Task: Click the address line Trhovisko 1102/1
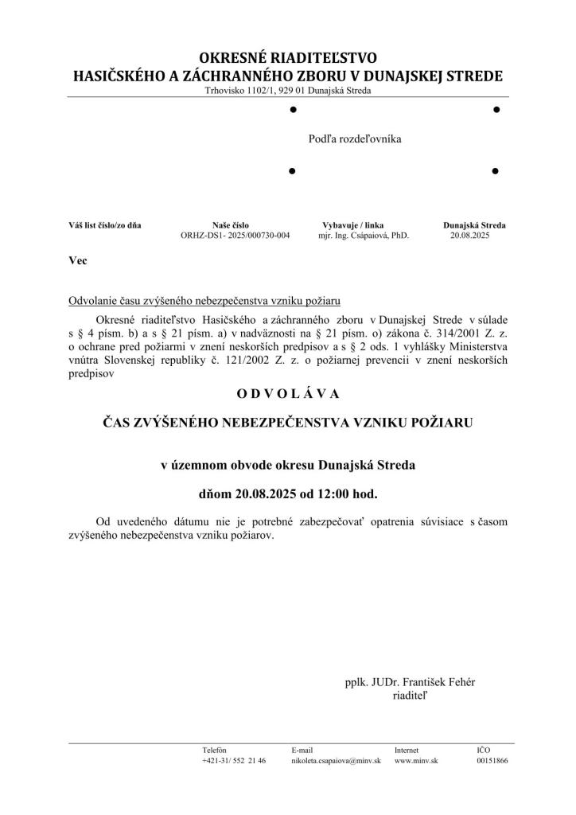tap(287, 91)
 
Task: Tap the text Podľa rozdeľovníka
tap(355, 139)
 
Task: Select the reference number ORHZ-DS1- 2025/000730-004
tap(235, 236)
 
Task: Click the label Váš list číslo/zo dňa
tap(105, 225)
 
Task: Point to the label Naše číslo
tap(231, 225)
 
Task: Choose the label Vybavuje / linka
tap(352, 225)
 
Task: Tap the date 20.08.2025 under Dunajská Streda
tap(470, 236)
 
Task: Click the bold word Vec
tap(78, 260)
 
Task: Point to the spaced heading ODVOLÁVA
tap(288, 393)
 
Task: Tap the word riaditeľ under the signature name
tap(411, 695)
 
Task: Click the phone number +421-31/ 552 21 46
tap(234, 761)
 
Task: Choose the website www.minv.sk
tap(416, 761)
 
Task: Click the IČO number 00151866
tap(492, 761)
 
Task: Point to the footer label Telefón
tap(215, 750)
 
